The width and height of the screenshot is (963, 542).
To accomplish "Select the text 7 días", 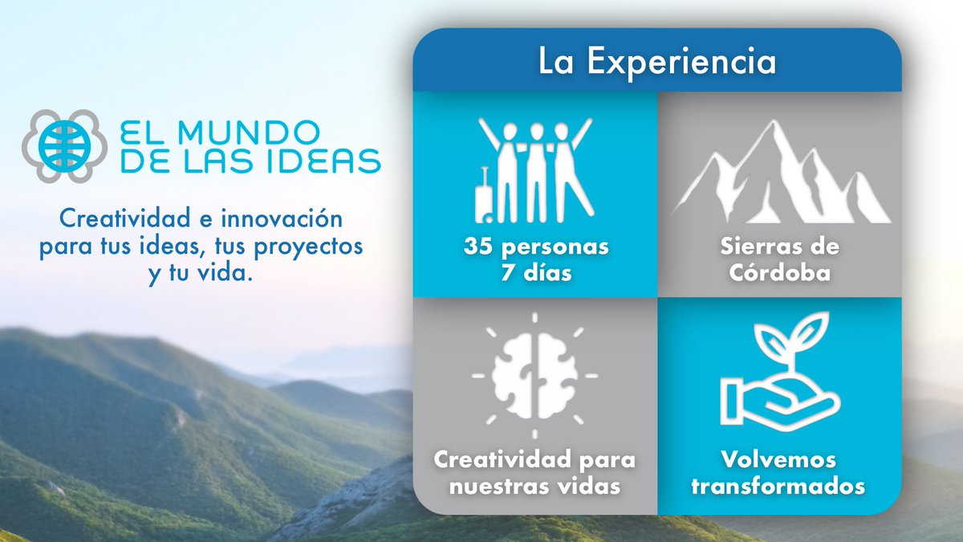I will (535, 271).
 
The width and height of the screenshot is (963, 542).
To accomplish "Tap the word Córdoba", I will (779, 271).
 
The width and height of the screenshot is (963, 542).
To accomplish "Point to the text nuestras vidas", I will (535, 486).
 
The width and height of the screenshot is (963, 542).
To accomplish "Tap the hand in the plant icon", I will (770, 401).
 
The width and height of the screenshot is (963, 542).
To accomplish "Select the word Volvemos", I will (778, 460).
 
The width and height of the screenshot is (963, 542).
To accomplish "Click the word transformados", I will (778, 486).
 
